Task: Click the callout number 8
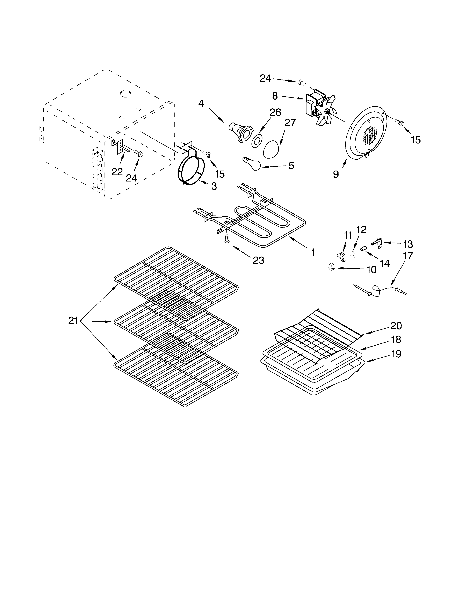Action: tap(275, 96)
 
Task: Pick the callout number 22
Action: tap(117, 172)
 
